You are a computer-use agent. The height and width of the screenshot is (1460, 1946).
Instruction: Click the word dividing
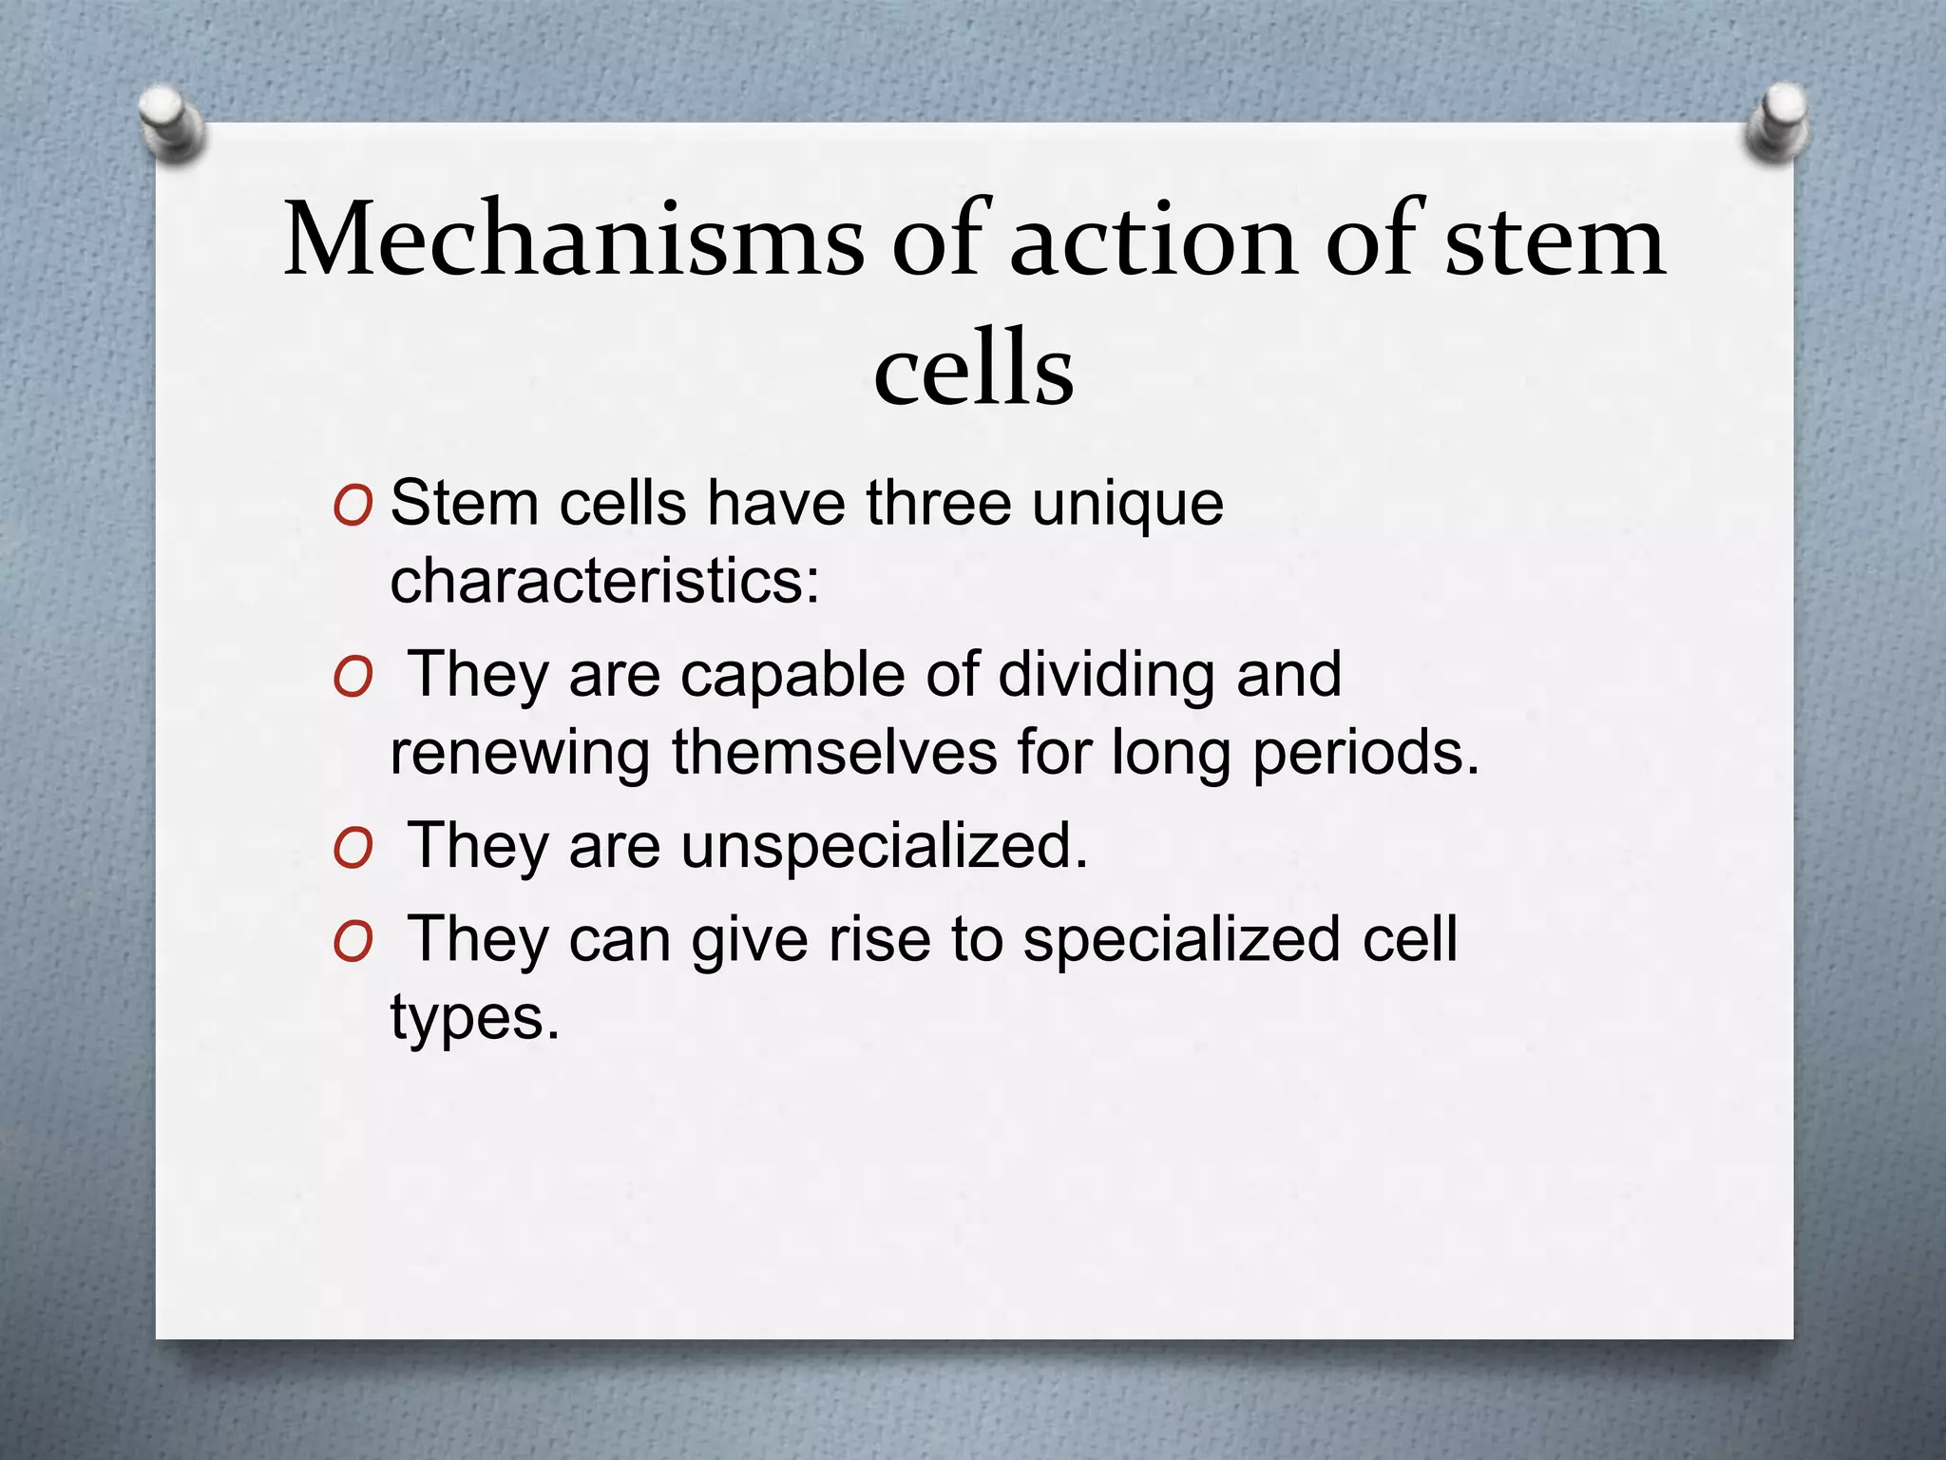[1105, 677]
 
